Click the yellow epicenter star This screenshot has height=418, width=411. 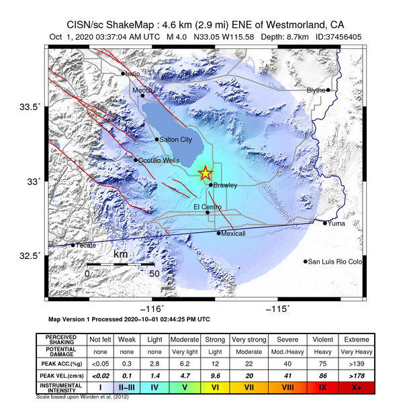(x=205, y=173)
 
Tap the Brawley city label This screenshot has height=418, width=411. (x=225, y=185)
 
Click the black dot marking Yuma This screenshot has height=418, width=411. (x=325, y=223)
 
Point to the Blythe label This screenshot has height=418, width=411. (x=316, y=90)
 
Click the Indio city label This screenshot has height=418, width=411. (x=134, y=74)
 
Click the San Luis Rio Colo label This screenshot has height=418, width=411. (x=334, y=262)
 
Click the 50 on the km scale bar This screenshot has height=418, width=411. (x=153, y=274)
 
